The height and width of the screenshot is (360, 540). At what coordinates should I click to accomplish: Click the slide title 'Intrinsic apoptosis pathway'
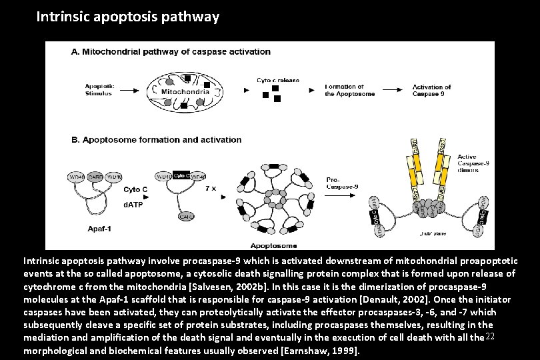(x=127, y=17)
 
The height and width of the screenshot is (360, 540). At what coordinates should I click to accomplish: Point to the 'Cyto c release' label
(x=278, y=80)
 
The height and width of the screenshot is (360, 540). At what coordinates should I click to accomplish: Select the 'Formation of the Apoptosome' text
(x=345, y=90)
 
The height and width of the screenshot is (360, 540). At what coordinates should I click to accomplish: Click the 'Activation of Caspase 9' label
(x=431, y=90)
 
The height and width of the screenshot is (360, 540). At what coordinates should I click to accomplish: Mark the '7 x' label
(x=209, y=188)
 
